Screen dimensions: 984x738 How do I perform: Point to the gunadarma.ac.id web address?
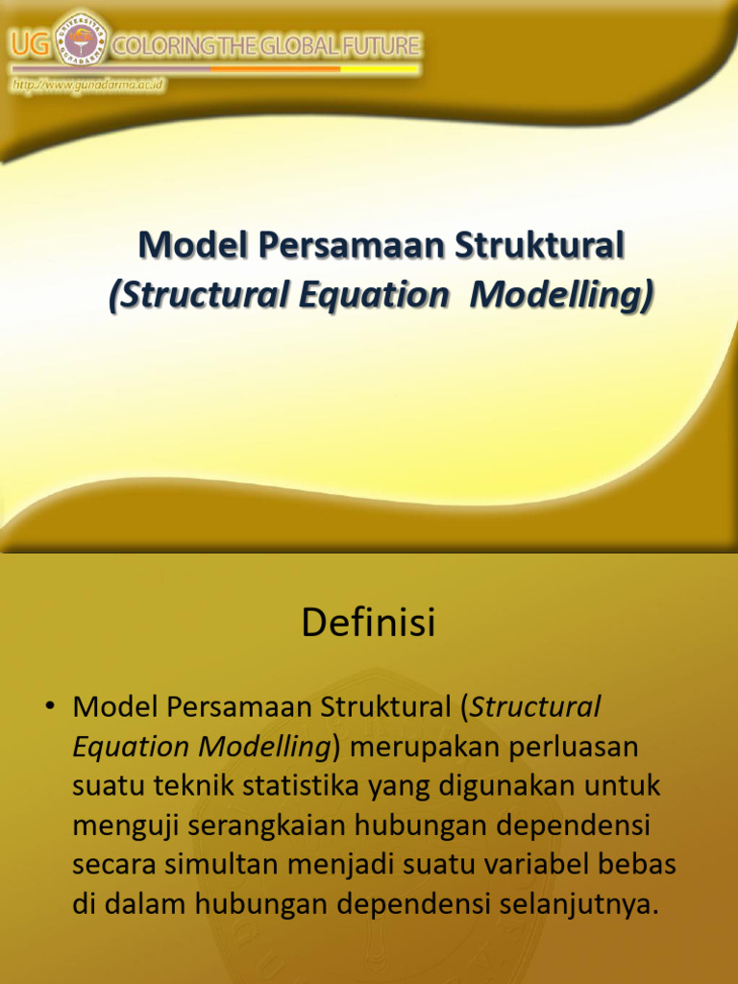coord(88,86)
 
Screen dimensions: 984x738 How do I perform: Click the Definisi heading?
coord(368,624)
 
